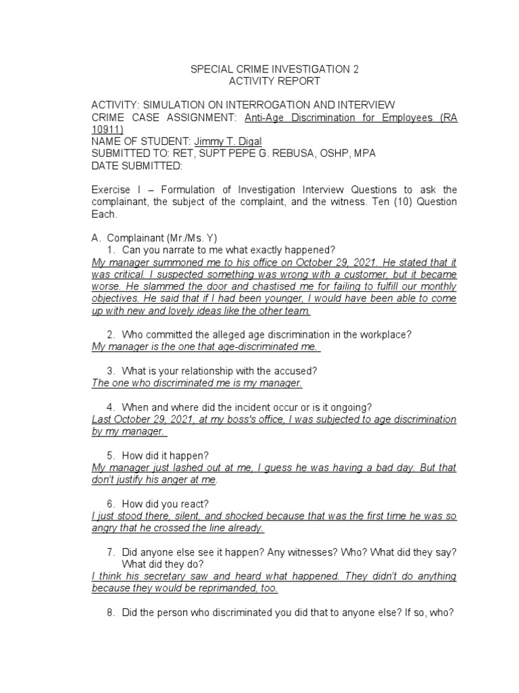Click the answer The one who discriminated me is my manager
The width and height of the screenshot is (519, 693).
[197, 383]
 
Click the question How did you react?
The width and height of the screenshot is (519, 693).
[166, 504]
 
